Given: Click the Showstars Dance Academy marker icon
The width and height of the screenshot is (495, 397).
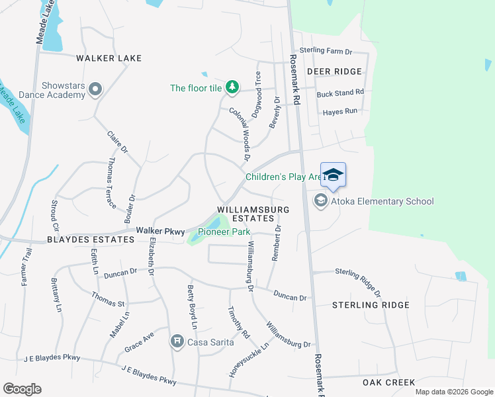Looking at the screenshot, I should pyautogui.click(x=95, y=89).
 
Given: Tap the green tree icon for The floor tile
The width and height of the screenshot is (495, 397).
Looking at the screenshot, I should pyautogui.click(x=232, y=87).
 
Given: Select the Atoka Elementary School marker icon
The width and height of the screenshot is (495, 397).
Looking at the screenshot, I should pyautogui.click(x=321, y=200).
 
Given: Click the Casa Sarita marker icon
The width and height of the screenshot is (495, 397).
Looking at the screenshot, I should pyautogui.click(x=177, y=341).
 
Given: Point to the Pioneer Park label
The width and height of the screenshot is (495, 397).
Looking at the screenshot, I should pyautogui.click(x=224, y=232).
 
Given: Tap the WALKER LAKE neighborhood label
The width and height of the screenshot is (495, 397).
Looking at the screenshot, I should pyautogui.click(x=109, y=58).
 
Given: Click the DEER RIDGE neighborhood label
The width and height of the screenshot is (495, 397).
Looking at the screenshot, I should pyautogui.click(x=334, y=71).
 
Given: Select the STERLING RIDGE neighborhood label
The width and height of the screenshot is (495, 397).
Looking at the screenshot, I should pyautogui.click(x=371, y=305).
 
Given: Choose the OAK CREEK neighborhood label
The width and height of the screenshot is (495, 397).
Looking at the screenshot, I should pyautogui.click(x=388, y=382).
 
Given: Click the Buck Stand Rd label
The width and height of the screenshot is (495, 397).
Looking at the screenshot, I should pyautogui.click(x=340, y=93).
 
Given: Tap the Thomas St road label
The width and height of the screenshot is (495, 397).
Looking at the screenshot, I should pyautogui.click(x=108, y=300).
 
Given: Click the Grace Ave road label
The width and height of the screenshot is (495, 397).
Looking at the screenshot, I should pyautogui.click(x=139, y=340).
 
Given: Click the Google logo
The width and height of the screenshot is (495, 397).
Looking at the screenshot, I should pyautogui.click(x=22, y=389).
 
